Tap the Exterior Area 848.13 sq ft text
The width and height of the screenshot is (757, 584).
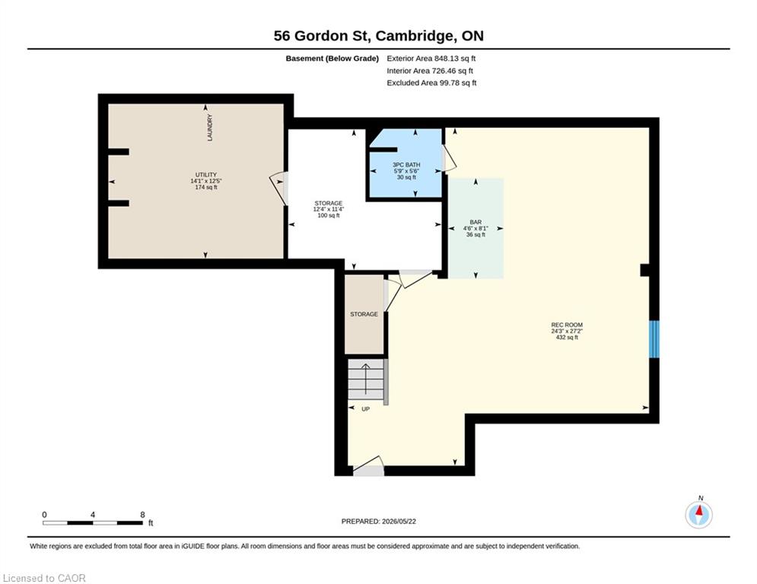coord(431,59)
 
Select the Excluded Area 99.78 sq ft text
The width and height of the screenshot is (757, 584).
coord(431,83)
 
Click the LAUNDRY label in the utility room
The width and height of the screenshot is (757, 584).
coord(209,128)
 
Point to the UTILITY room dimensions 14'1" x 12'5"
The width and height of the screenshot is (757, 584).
coord(206,181)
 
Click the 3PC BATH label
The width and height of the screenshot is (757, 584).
coord(406,164)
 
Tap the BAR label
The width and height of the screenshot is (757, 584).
coord(476,222)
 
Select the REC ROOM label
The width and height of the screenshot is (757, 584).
coord(567,325)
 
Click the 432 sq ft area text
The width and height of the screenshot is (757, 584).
coord(567,338)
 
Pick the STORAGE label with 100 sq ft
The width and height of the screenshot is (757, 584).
coord(329,203)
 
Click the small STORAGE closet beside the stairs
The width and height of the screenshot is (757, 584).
coord(364,314)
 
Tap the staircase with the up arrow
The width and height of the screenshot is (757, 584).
coord(367,379)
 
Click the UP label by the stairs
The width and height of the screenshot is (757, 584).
coord(365,409)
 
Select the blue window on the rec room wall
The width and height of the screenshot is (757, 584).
coord(654,339)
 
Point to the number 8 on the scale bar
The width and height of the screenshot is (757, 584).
coord(142,515)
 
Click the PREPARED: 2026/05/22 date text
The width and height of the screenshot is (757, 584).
coord(379,521)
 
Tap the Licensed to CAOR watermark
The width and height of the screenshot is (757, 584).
coord(44,578)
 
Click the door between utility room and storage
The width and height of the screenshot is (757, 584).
coord(278,189)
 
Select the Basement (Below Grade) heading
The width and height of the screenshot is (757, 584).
coord(332,59)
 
